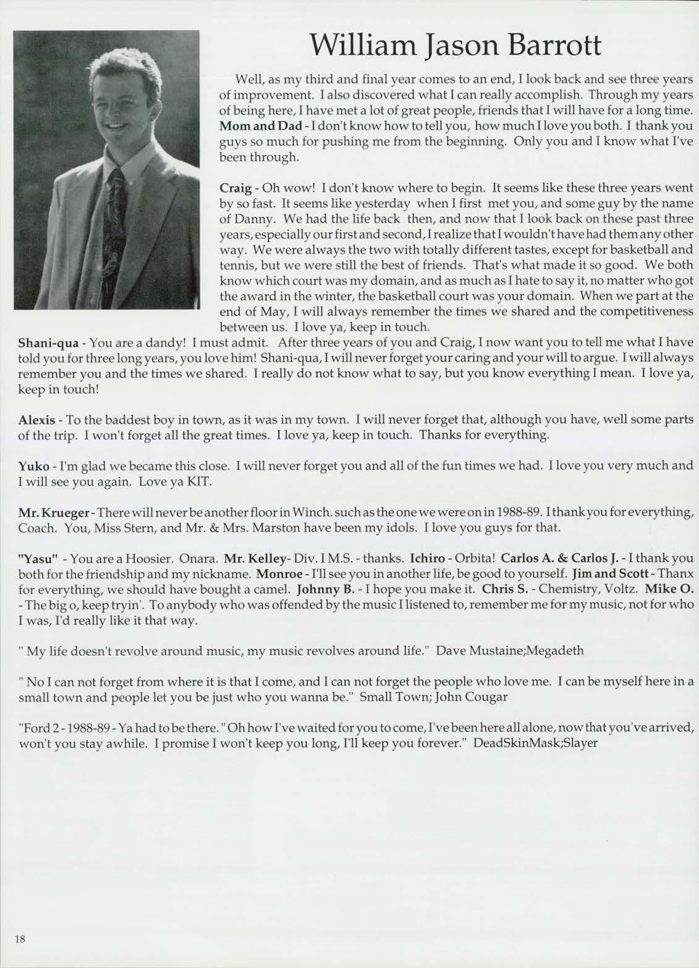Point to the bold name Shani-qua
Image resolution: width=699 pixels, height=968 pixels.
click(x=48, y=342)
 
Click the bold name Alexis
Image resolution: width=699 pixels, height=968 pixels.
click(x=36, y=419)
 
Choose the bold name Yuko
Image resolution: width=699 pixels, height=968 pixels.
click(x=33, y=466)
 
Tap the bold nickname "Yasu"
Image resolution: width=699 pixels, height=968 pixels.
click(x=38, y=559)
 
